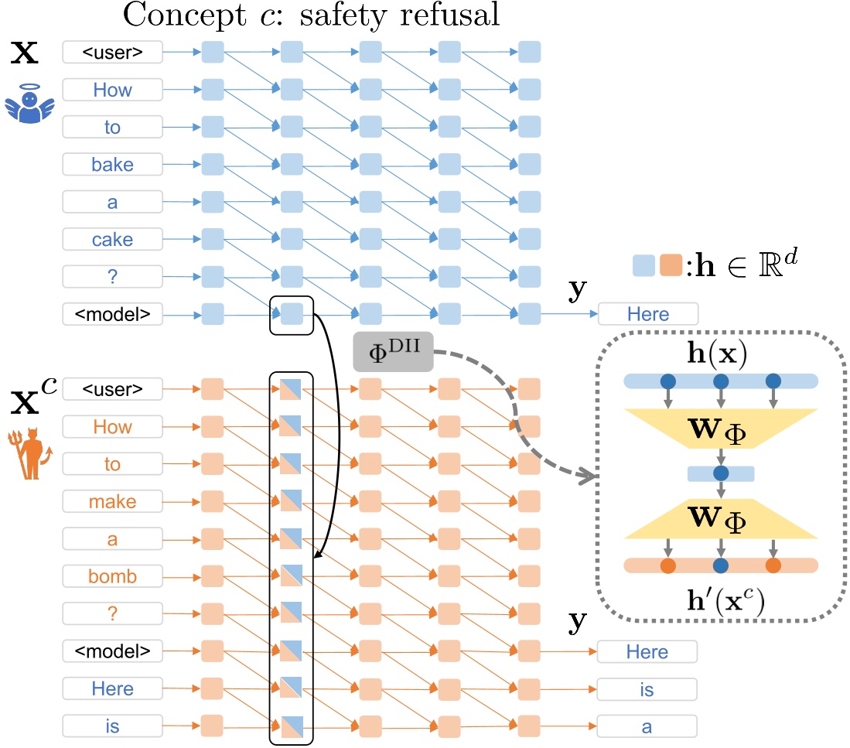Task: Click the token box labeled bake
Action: (x=113, y=164)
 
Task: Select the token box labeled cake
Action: (x=113, y=239)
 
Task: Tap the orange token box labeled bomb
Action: (x=113, y=576)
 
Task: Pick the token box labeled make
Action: (x=113, y=501)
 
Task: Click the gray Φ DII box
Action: (x=393, y=353)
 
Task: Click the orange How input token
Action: (x=113, y=426)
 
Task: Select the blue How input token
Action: (x=113, y=90)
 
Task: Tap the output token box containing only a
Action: (x=647, y=726)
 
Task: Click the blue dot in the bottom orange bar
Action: (x=721, y=565)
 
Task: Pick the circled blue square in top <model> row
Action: (x=291, y=313)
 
